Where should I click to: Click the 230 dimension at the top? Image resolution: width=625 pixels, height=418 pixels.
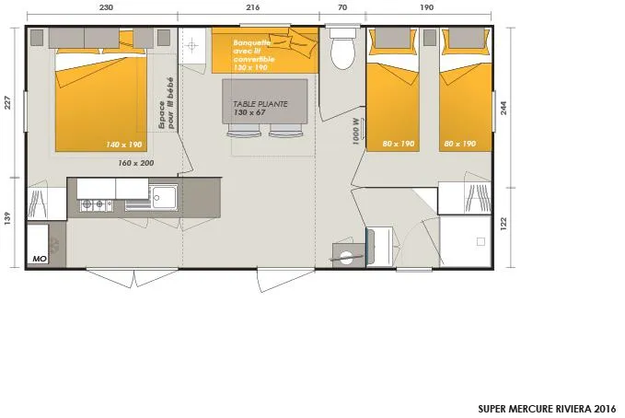tap(106, 7)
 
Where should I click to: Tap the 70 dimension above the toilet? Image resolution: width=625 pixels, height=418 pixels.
tap(342, 7)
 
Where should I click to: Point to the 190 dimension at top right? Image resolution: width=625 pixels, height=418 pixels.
tap(426, 7)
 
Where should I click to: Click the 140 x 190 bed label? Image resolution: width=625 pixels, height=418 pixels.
tap(124, 145)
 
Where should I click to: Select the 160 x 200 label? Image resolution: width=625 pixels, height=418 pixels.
tap(136, 163)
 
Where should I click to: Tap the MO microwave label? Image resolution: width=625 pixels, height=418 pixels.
tap(39, 259)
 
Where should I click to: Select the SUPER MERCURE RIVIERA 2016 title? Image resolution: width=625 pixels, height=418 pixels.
tap(547, 408)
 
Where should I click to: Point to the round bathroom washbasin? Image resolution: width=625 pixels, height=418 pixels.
tap(345, 257)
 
